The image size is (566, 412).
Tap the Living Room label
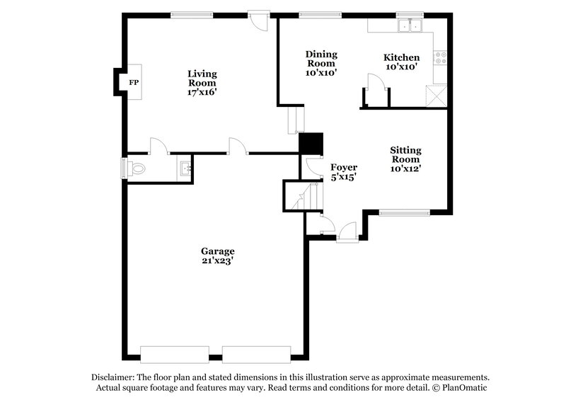[x=202, y=78]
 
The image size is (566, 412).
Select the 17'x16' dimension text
[x=202, y=92]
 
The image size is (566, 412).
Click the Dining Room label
[x=321, y=58]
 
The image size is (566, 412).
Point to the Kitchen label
[x=401, y=57]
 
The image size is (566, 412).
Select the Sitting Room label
[x=405, y=154]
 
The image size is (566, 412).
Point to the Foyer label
[x=343, y=168]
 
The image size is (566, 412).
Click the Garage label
[x=217, y=251]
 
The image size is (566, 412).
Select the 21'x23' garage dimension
[x=217, y=261]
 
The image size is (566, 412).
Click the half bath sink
[x=185, y=168]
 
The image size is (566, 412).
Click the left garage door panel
[x=175, y=353]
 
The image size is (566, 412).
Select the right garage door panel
[x=257, y=353]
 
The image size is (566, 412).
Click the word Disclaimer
[x=114, y=377]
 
